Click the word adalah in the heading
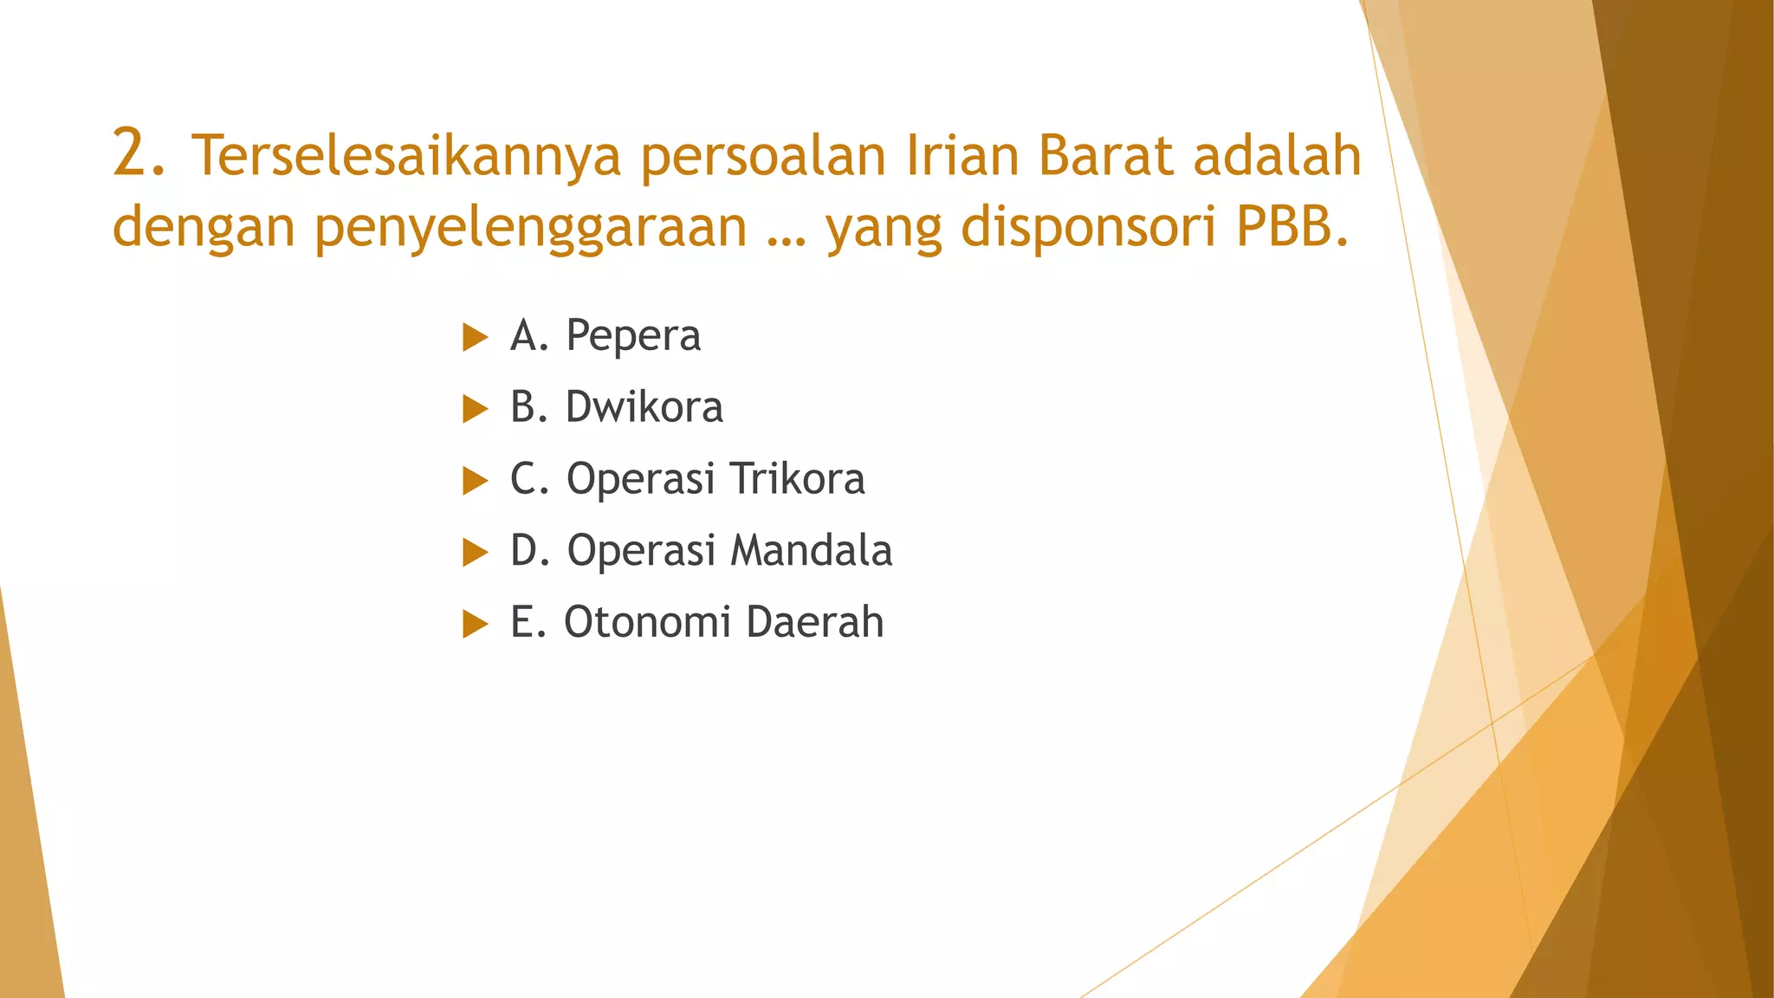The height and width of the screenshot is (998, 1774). (1277, 155)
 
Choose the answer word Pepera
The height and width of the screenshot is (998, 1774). (633, 336)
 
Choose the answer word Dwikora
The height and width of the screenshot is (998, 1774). (644, 407)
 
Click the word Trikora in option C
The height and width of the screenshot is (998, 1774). (797, 478)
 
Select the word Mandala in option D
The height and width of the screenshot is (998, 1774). (812, 550)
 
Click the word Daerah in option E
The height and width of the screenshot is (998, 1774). (814, 622)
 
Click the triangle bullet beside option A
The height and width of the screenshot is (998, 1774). (475, 337)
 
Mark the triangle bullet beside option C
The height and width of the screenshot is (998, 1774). (475, 480)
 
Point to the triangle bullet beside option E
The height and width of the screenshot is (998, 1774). (475, 624)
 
